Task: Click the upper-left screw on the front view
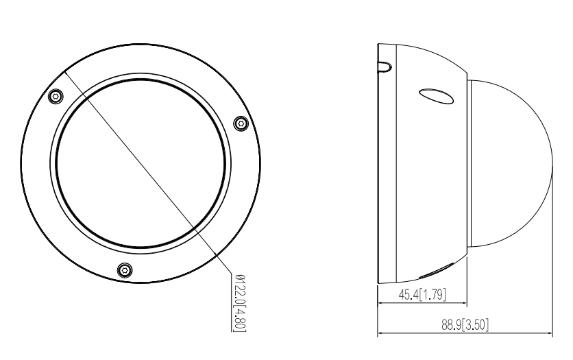pos(56,96)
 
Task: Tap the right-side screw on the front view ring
pos(240,123)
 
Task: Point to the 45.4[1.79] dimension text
pos(422,296)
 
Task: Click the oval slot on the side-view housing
pos(436,97)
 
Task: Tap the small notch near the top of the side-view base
pos(385,67)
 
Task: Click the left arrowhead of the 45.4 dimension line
pos(381,304)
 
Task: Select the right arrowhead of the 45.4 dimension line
pos(464,304)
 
